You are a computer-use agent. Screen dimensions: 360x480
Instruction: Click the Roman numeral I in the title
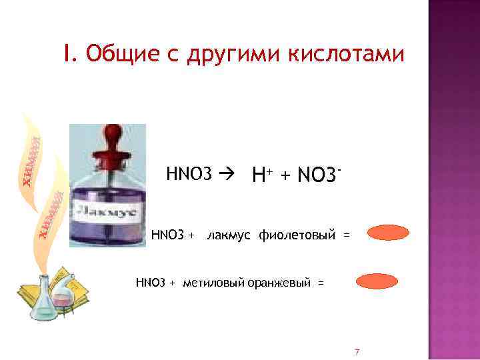67,53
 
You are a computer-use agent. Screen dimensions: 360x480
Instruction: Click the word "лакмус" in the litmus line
229,235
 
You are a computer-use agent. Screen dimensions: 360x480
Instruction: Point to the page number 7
357,351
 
